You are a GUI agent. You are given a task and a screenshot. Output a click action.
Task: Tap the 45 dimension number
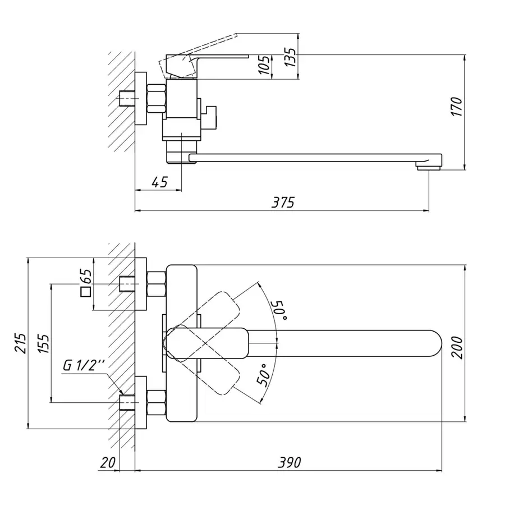click(x=159, y=182)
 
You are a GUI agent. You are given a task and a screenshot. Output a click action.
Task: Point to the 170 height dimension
click(x=457, y=107)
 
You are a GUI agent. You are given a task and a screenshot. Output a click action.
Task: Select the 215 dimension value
click(x=21, y=342)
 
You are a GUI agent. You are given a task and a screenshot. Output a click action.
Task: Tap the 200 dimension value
click(x=457, y=348)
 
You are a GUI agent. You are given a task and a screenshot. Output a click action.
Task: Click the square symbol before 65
click(x=86, y=292)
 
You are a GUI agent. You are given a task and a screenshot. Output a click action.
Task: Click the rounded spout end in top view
click(x=432, y=343)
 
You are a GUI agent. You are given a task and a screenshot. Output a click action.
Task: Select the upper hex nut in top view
click(x=156, y=283)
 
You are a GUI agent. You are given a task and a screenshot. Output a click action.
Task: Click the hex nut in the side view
click(x=157, y=99)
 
